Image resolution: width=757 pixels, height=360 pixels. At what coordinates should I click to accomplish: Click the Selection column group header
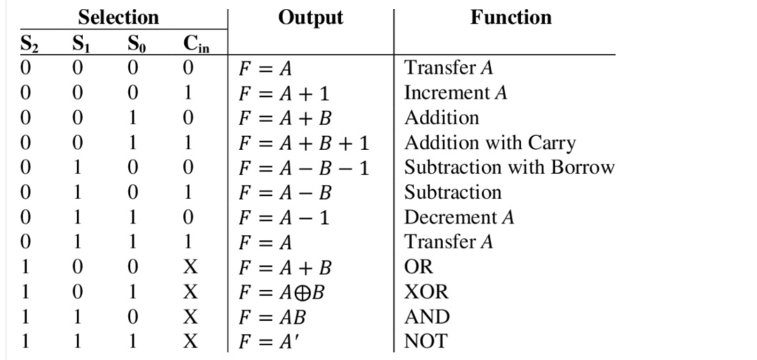point(118,17)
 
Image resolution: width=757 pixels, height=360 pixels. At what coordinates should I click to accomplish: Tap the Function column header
point(511,17)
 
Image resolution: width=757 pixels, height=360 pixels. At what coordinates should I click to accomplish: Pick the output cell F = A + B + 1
point(303,143)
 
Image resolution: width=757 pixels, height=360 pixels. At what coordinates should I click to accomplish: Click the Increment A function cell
point(455,93)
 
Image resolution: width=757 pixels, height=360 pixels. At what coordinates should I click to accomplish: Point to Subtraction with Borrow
point(509,168)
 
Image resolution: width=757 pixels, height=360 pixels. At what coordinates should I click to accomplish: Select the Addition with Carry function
point(489,143)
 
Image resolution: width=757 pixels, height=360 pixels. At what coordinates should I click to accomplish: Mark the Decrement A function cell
point(458,217)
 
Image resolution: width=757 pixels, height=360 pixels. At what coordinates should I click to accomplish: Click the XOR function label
point(426,292)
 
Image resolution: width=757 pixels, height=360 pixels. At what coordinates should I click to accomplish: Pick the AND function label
point(427,317)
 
